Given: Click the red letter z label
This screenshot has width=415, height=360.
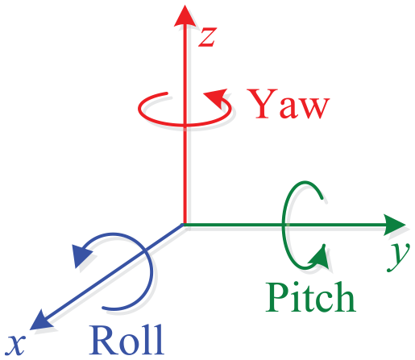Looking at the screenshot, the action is click(x=207, y=37).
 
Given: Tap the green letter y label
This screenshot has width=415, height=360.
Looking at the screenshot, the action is click(x=399, y=256).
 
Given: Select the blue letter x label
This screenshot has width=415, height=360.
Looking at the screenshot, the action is click(x=17, y=345).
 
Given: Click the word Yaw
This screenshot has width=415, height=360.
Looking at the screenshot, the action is click(x=288, y=104).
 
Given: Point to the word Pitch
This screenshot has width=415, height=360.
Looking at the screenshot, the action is click(x=311, y=297).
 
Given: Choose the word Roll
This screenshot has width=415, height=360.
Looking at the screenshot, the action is click(x=127, y=340).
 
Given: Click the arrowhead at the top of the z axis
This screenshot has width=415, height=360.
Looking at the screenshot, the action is click(x=185, y=16).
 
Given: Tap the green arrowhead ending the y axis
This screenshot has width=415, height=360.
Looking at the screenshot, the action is click(x=394, y=225).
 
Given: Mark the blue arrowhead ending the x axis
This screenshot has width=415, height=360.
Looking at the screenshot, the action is click(x=41, y=321).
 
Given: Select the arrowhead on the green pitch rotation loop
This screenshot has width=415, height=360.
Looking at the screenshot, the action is click(x=319, y=257).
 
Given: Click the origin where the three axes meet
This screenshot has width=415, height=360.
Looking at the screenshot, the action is click(x=185, y=225).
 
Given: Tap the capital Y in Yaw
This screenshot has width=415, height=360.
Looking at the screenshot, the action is click(x=262, y=104).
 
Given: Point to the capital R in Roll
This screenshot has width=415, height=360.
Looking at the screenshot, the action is click(x=102, y=340).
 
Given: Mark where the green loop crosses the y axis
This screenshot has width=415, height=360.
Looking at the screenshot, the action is click(x=284, y=225).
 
